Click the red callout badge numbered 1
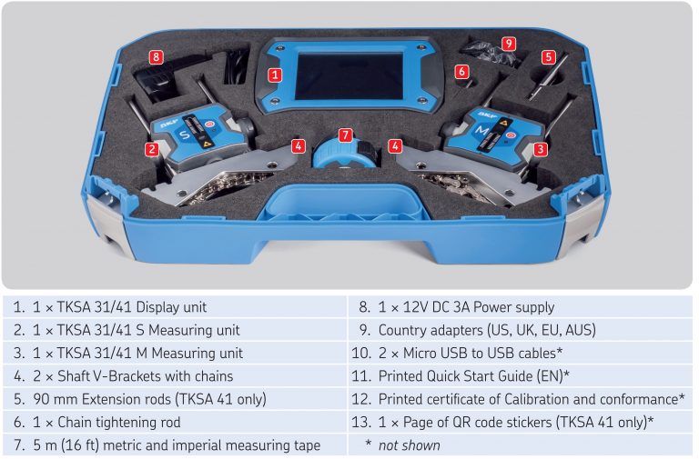coord(275,75)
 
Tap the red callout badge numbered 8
coord(157,57)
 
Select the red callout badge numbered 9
coord(508,43)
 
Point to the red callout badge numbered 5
coord(548,56)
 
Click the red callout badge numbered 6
coord(462,70)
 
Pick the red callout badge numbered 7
coord(345,135)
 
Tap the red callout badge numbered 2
coord(152,148)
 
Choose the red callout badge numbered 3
coord(541,148)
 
